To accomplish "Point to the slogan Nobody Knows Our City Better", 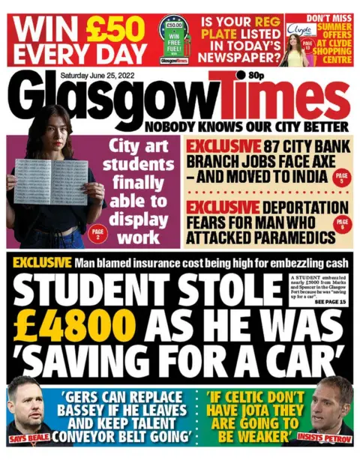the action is click(247, 127).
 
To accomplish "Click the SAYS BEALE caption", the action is click(28, 435).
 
